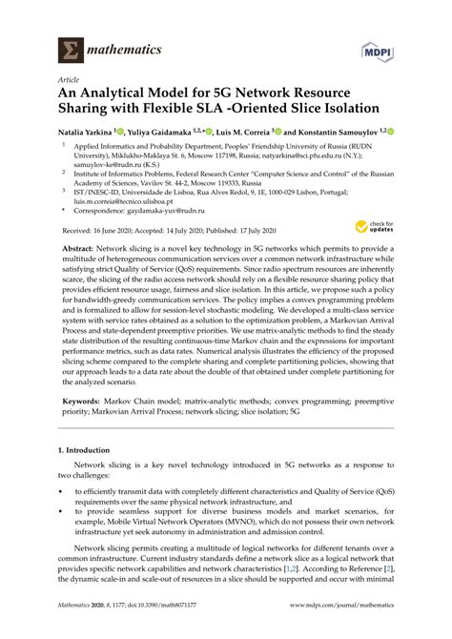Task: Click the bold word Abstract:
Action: click(84, 272)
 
